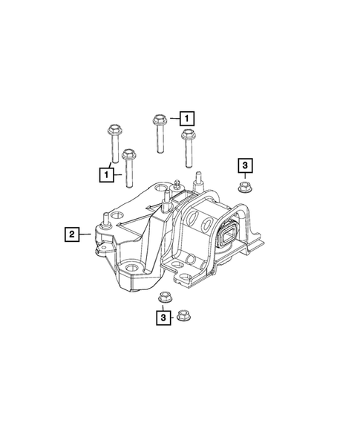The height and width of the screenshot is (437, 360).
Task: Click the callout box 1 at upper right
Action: [186, 117]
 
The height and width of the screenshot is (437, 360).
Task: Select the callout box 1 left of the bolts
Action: [108, 174]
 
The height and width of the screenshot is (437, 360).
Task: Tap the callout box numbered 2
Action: [71, 235]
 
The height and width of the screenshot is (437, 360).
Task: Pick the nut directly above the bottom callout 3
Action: [165, 299]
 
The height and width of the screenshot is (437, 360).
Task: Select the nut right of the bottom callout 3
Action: [183, 318]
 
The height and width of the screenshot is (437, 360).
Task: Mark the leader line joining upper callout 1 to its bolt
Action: [172, 117]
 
